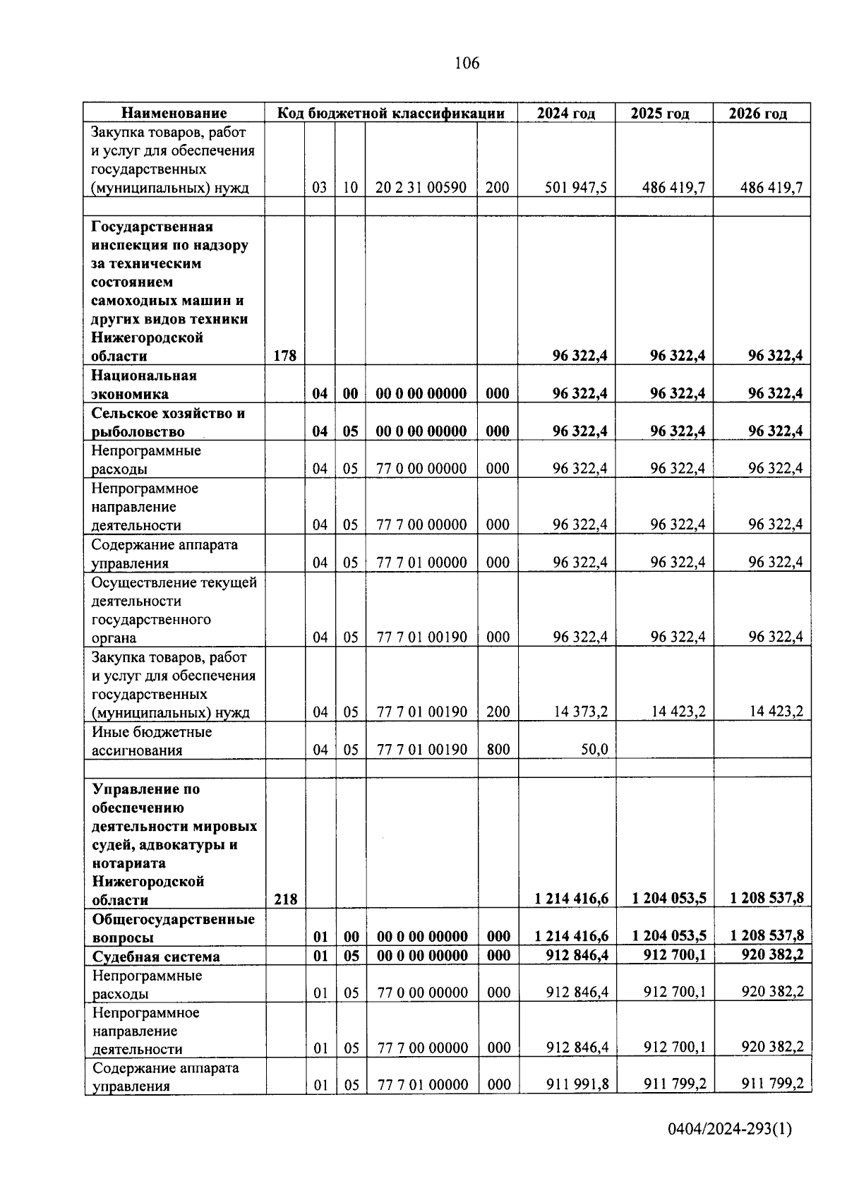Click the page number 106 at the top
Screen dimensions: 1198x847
coord(467,64)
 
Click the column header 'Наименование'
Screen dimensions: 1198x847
coord(174,113)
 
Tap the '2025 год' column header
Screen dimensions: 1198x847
coord(660,113)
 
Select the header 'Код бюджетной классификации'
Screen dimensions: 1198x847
coord(390,113)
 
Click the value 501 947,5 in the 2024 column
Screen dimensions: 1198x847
coord(576,188)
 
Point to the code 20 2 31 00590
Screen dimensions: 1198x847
coord(421,188)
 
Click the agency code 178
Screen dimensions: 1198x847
coord(284,356)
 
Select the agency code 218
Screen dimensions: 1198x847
coord(285,899)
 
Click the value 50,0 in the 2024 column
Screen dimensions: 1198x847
coord(594,750)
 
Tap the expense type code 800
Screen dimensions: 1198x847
coord(498,750)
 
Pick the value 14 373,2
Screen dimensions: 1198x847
coord(580,712)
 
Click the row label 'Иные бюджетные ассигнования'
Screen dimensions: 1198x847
coord(152,741)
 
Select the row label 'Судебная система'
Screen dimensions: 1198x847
coord(156,957)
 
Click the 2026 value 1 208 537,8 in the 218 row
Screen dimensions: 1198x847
coord(767,898)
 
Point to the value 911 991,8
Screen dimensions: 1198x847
coord(577,1084)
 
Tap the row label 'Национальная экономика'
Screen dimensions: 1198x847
coord(144,384)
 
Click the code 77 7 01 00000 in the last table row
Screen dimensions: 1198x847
coord(422,1085)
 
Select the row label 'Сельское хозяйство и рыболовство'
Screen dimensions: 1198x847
coord(168,422)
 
